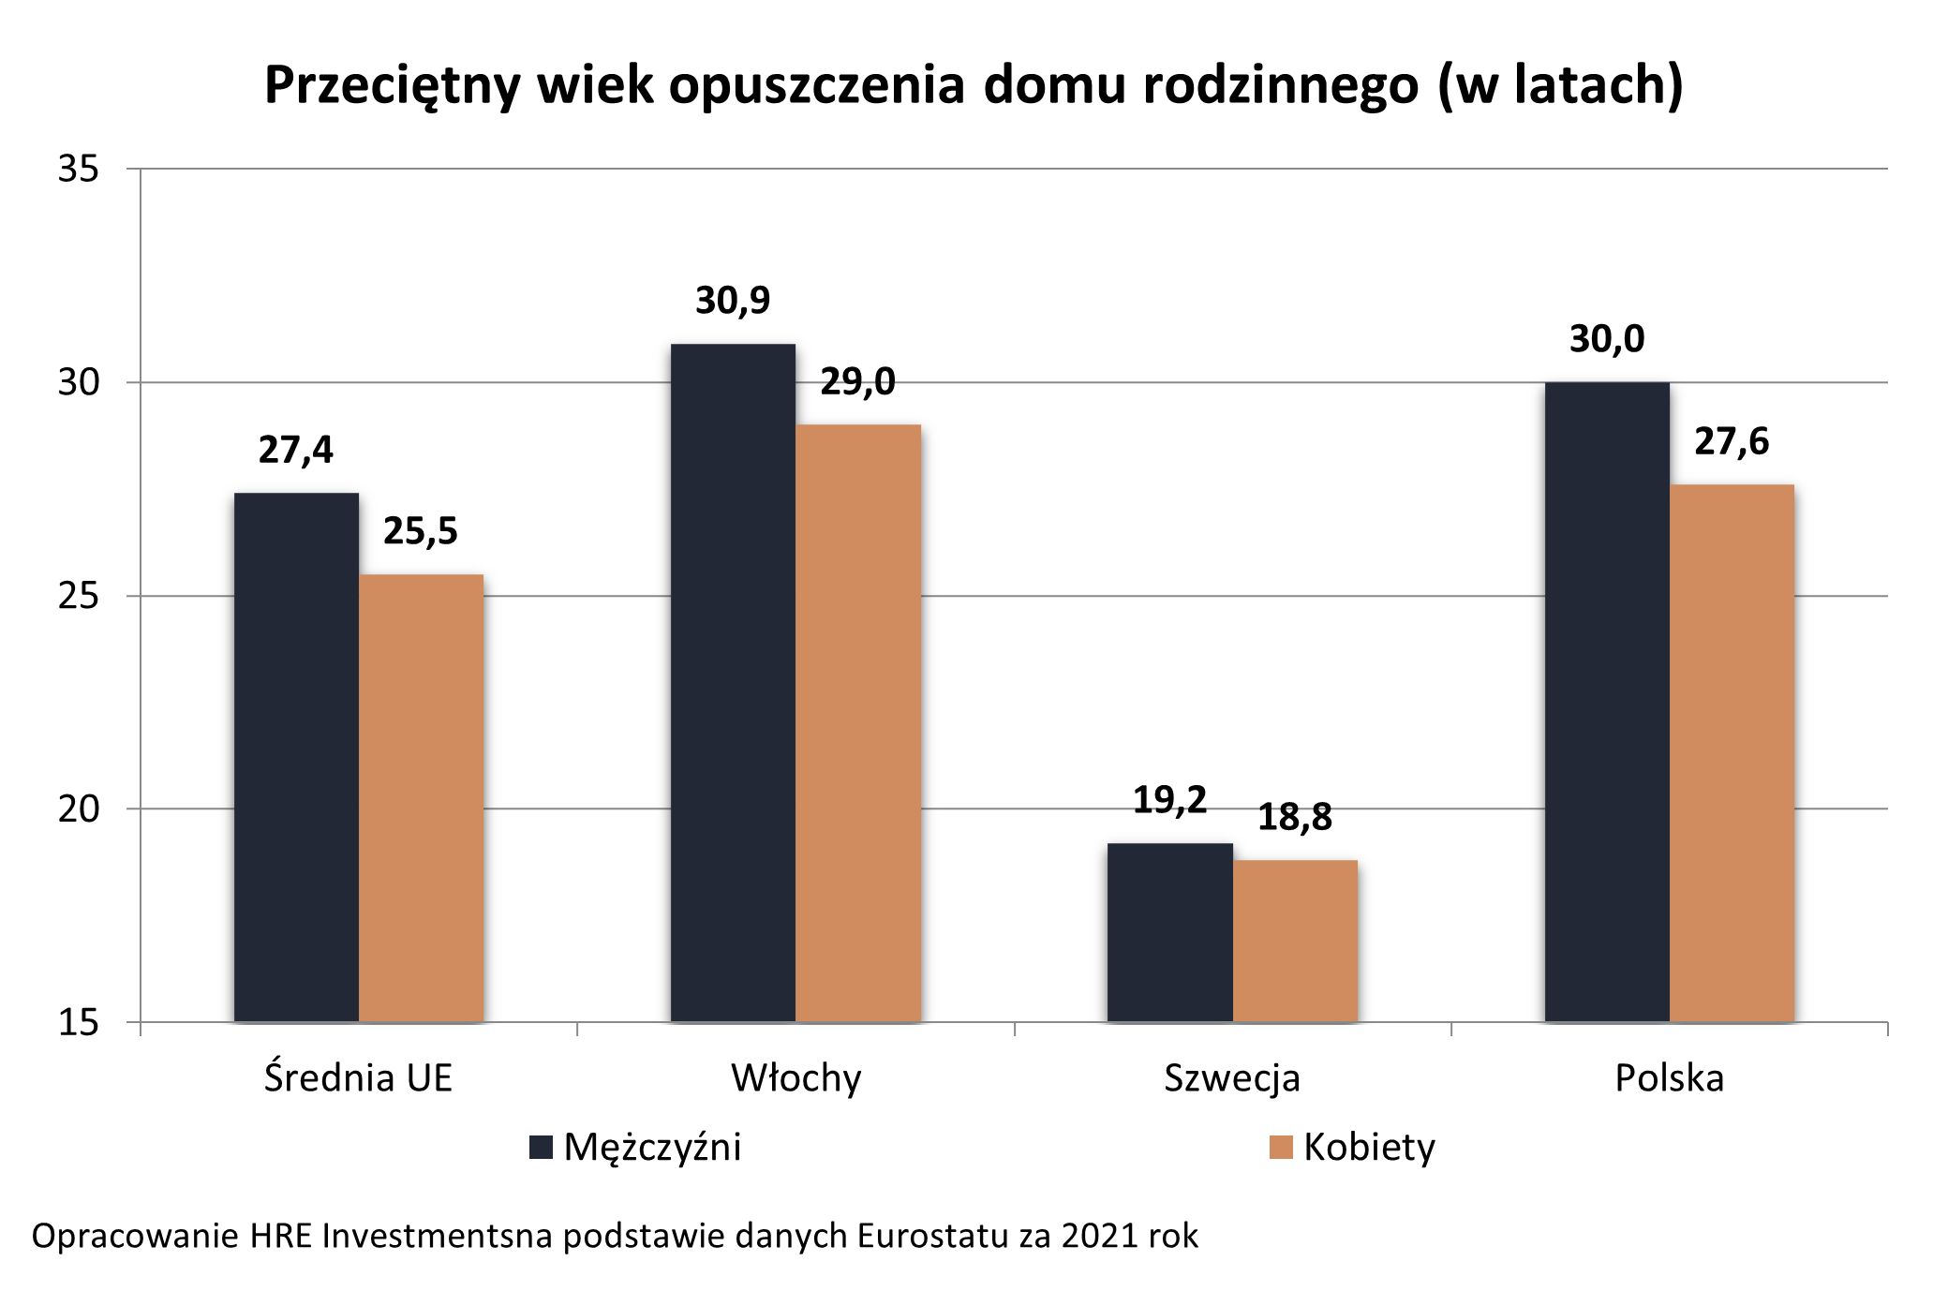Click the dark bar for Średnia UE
coord(296,757)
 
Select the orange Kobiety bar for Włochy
coord(857,722)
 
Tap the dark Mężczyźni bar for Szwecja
coord(1169,932)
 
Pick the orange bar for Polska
coord(1732,752)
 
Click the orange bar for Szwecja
coord(1295,941)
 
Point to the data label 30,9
coord(733,301)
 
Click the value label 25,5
coord(421,531)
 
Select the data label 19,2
coord(1169,800)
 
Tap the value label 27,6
coord(1732,441)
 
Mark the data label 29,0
coord(857,381)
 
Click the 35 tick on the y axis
coord(78,170)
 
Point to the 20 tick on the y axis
coord(78,809)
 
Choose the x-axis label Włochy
coord(796,1078)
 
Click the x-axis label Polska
coord(1669,1078)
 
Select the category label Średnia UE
coord(358,1078)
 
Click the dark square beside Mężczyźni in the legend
coord(541,1148)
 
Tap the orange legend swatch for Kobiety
coord(1281,1148)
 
